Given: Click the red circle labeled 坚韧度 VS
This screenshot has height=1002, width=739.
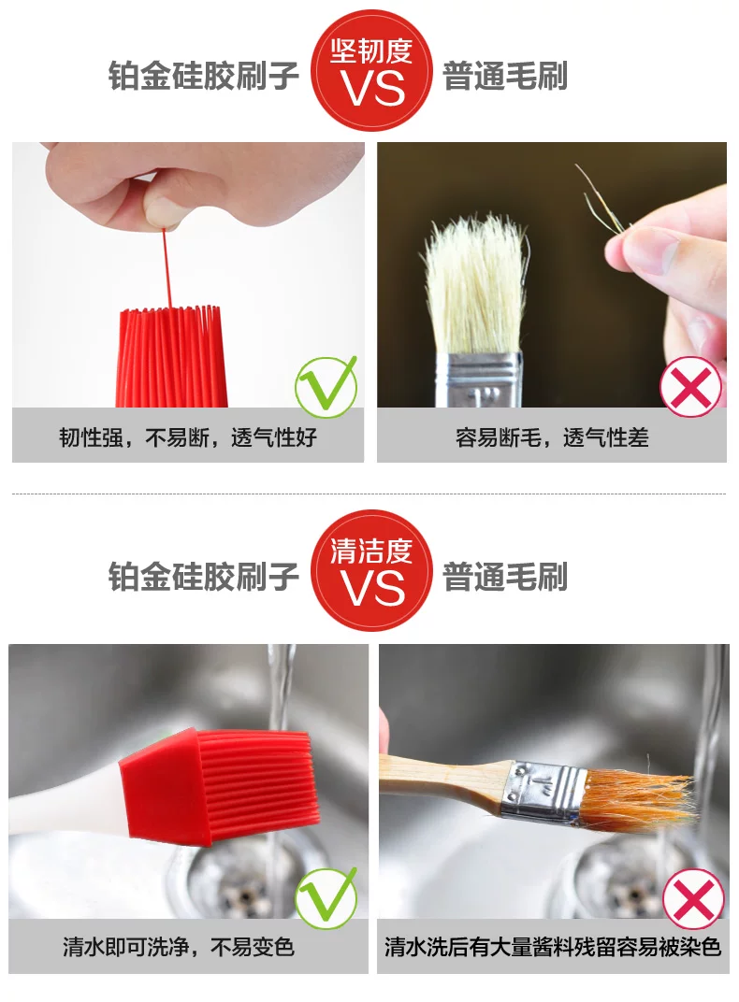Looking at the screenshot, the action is (371, 71).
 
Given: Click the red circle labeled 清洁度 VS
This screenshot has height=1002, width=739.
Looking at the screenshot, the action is (371, 570).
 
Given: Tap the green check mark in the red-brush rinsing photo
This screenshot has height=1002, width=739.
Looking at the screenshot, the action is (326, 897).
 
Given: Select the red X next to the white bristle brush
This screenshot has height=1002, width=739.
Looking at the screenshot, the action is (690, 387).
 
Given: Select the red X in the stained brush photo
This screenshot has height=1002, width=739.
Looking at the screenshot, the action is (693, 900).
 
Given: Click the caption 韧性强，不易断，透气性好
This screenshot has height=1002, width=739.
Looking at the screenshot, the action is (188, 437).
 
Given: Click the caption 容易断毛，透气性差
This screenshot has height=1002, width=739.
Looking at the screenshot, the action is (552, 437).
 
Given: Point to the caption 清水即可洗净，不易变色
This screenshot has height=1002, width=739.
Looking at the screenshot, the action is (179, 947).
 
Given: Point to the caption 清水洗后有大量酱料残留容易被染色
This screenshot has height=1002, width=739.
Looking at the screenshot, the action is (553, 947).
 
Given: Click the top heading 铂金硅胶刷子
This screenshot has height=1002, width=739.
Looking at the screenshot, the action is (203, 76).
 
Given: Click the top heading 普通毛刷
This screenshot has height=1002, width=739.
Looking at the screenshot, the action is (505, 76).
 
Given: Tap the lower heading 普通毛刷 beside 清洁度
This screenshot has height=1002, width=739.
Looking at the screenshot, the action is (505, 577).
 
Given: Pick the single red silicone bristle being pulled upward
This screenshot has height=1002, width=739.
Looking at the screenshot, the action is (167, 268).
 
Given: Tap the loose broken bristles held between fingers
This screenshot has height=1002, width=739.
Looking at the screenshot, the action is (600, 198).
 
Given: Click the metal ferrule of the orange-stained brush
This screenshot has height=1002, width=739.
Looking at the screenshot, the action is (543, 792).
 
